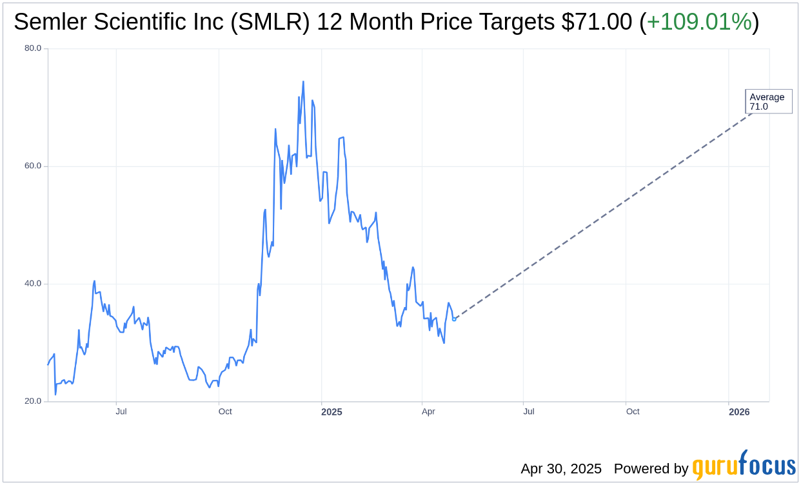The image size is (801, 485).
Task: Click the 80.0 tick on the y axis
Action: pyautogui.click(x=34, y=48)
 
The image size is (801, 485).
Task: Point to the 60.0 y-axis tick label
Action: pyautogui.click(x=34, y=166)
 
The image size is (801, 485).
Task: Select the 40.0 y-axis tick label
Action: pyautogui.click(x=34, y=284)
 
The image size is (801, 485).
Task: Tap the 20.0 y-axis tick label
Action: pyautogui.click(x=34, y=401)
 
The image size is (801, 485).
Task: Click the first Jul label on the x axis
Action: pyautogui.click(x=121, y=411)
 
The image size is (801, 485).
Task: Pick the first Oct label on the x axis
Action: pyautogui.click(x=225, y=411)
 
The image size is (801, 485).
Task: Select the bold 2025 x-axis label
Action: pyautogui.click(x=331, y=411)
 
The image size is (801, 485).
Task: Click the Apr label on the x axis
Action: pyautogui.click(x=428, y=411)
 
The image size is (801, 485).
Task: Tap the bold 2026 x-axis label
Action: pyautogui.click(x=739, y=411)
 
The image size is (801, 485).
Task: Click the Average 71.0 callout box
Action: pyautogui.click(x=768, y=102)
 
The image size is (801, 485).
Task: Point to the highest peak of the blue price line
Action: pyautogui.click(x=303, y=82)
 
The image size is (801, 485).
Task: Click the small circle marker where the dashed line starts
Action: pyautogui.click(x=454, y=319)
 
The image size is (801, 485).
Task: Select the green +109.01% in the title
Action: pyautogui.click(x=699, y=23)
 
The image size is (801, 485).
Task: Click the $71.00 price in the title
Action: pyautogui.click(x=597, y=23)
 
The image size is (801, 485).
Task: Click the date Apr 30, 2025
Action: pyautogui.click(x=561, y=469)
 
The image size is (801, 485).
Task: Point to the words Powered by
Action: pyautogui.click(x=651, y=469)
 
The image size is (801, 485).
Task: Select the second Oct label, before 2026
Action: pyautogui.click(x=633, y=411)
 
